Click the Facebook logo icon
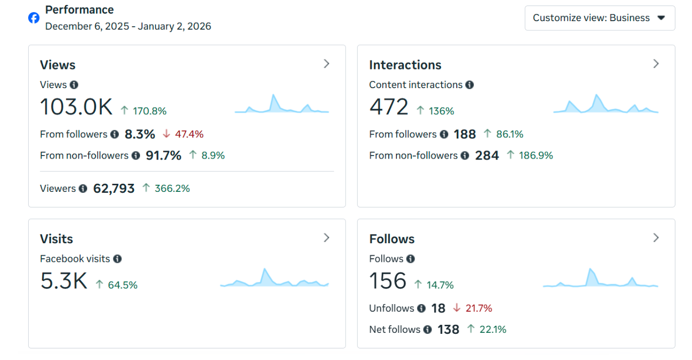34,18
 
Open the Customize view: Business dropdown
599,18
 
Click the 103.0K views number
76,107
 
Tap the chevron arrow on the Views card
326,64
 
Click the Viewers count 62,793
114,188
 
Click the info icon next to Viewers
83,188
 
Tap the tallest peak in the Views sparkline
273,96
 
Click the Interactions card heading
405,65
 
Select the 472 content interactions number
388,107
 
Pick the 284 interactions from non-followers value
487,156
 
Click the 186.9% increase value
530,156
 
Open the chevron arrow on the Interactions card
656,64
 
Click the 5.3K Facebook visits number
63,281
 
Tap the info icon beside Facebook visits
117,259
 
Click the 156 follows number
387,281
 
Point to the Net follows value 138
448,330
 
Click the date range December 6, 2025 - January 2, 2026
128,26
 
